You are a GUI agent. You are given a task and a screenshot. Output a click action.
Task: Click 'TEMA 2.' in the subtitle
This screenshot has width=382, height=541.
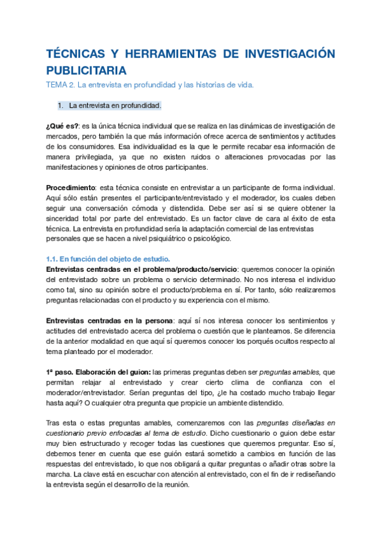click(x=60, y=85)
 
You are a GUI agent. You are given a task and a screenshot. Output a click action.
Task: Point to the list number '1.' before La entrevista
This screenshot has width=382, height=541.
click(x=60, y=105)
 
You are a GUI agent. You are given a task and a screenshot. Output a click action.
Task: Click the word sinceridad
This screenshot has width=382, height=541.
click(x=64, y=218)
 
